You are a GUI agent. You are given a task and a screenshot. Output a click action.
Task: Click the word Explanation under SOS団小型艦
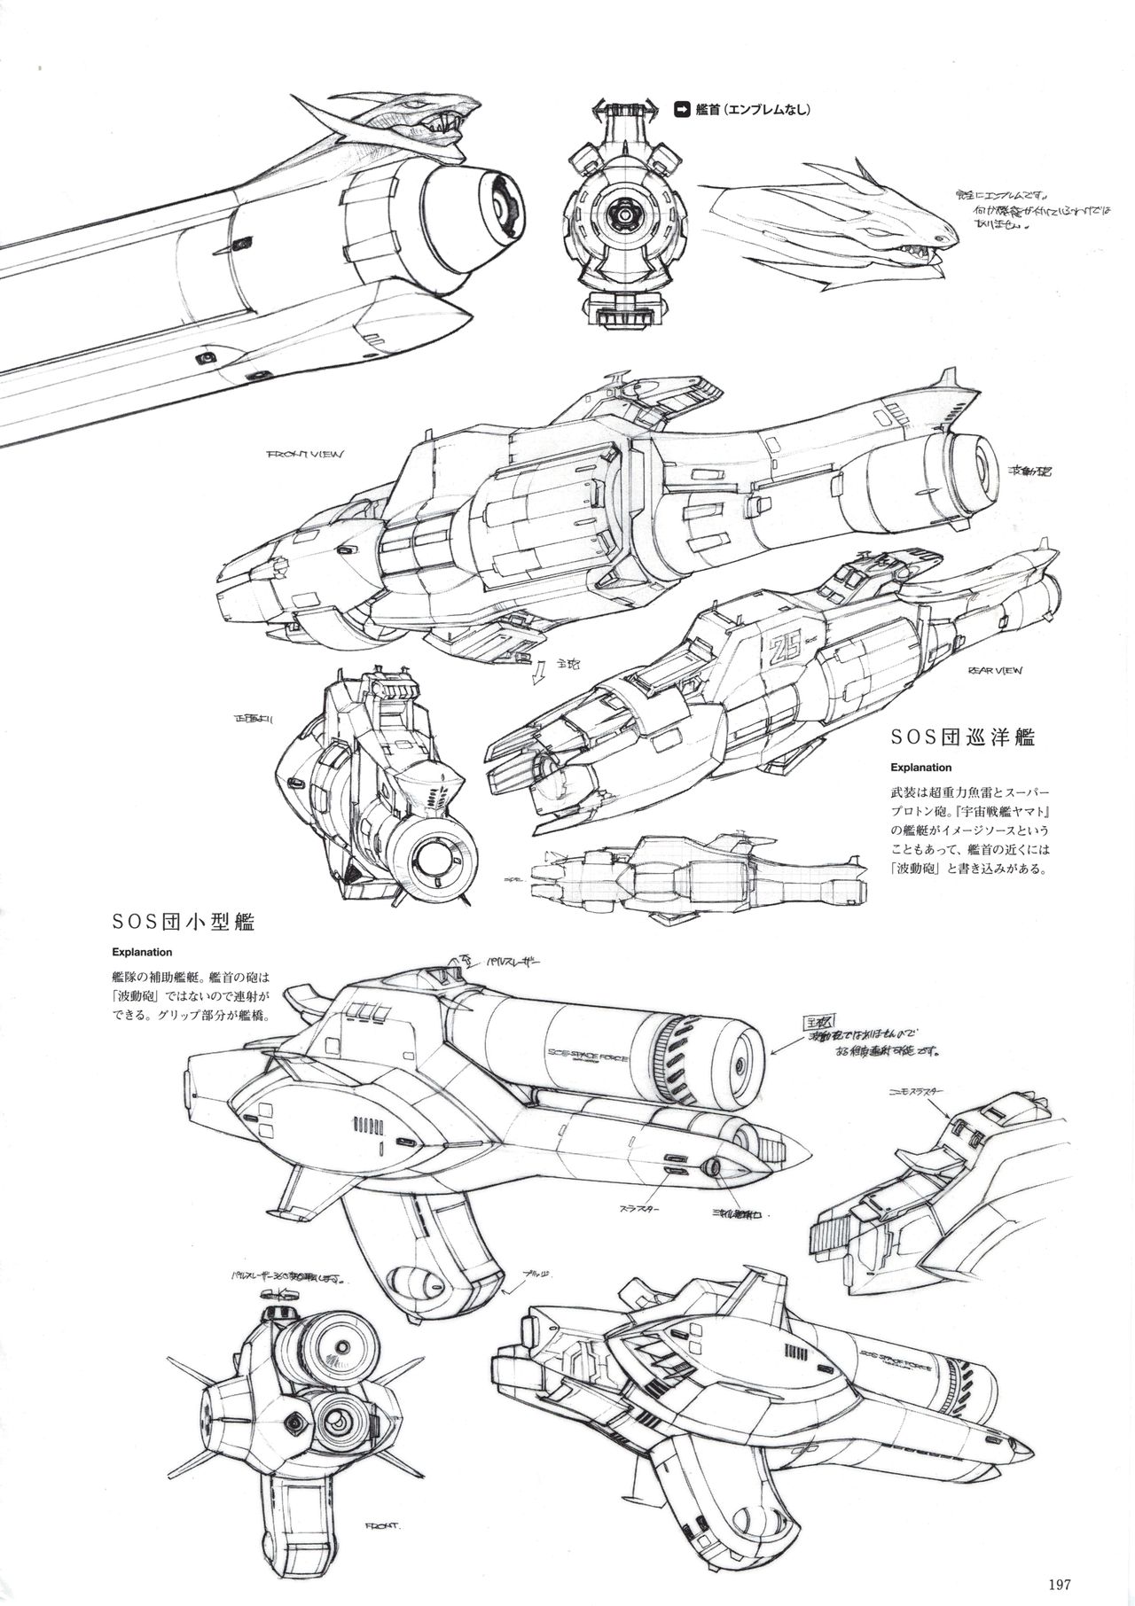point(141,954)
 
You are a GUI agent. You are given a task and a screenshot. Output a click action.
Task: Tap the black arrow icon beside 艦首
point(684,110)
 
